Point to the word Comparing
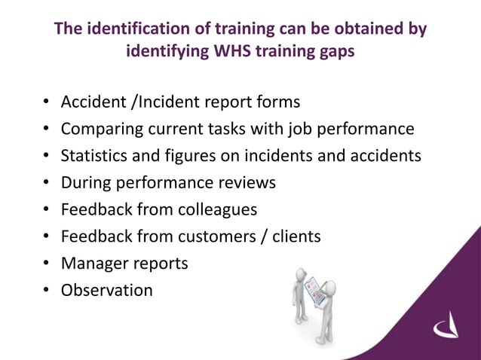(x=99, y=129)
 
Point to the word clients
(x=296, y=236)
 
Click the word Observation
(x=106, y=290)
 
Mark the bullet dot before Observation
(x=46, y=291)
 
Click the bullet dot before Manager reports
(x=46, y=264)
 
